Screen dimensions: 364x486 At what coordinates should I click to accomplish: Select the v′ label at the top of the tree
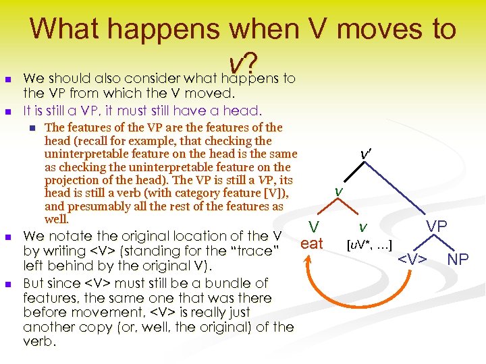pos(365,154)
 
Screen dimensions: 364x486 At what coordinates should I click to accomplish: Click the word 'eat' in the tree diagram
pos(312,243)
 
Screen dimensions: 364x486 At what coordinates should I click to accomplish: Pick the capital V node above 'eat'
pos(313,227)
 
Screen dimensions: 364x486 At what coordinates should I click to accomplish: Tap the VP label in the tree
pos(436,226)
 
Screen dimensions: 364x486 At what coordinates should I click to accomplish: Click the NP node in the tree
pos(458,259)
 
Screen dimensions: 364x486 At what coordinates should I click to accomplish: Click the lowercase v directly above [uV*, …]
pos(363,227)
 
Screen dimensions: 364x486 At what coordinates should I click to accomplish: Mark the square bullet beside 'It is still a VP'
pos(9,111)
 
